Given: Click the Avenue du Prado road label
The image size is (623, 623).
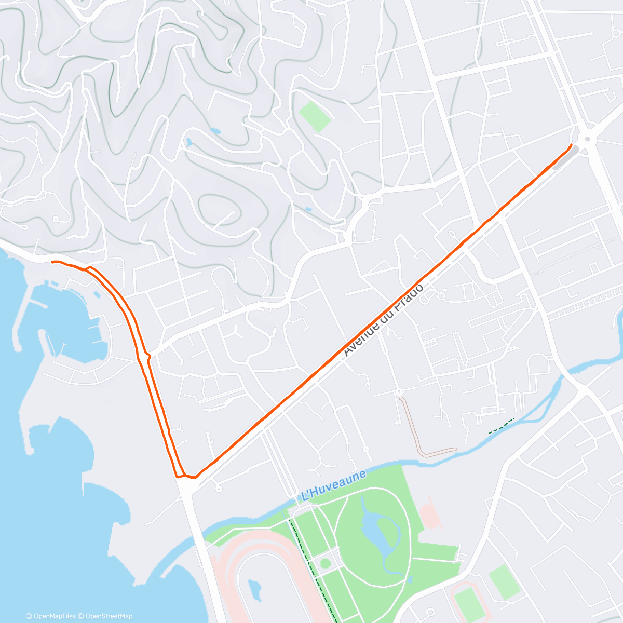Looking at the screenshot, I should pos(384,319).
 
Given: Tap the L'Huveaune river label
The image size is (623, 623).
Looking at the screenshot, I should pos(334,485).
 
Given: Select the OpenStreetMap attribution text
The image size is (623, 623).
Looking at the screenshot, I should pos(109,616).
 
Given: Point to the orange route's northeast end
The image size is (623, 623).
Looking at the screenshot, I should pos(571,145).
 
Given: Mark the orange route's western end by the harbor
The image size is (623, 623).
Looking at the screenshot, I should pos(52,262).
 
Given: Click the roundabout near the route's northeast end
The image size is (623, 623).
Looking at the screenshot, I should pos(587,139).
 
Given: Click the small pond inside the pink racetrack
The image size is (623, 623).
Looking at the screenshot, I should pos(254,589).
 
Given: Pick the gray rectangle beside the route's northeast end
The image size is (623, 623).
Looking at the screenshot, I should pos(565,157).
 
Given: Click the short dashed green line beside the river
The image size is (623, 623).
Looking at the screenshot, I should pos(501,426).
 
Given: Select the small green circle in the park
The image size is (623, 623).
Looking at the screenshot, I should pos(326,563).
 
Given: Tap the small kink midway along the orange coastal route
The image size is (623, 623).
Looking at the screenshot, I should pos(147,356).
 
